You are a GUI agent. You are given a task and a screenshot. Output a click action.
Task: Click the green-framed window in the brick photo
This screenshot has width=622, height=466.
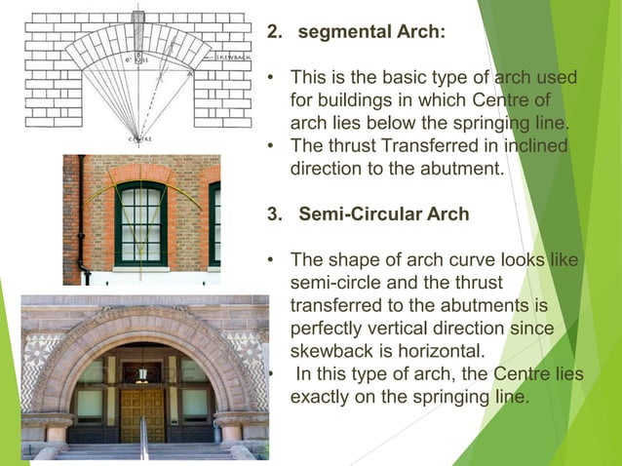(140, 227)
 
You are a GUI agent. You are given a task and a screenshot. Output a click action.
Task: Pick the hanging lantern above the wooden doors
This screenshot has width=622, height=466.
(143, 372)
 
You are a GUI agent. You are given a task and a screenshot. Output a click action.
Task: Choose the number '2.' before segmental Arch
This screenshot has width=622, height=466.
(276, 32)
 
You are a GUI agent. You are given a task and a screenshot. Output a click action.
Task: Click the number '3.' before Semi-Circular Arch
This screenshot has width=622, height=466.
(276, 214)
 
